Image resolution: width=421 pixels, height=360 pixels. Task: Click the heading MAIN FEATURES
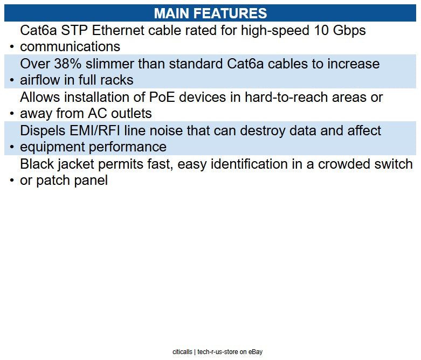click(x=210, y=13)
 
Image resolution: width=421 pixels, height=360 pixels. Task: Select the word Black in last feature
click(x=37, y=164)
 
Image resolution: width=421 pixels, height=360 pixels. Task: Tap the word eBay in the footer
click(x=256, y=352)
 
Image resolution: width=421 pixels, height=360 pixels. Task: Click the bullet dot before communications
click(x=12, y=47)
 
